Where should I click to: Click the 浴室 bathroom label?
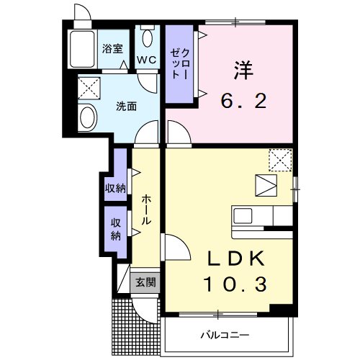[x=112, y=49]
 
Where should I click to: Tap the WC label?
[x=148, y=60]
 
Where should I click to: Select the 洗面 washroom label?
[x=127, y=107]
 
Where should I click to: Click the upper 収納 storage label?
[x=116, y=188]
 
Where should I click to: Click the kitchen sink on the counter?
[x=243, y=215]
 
